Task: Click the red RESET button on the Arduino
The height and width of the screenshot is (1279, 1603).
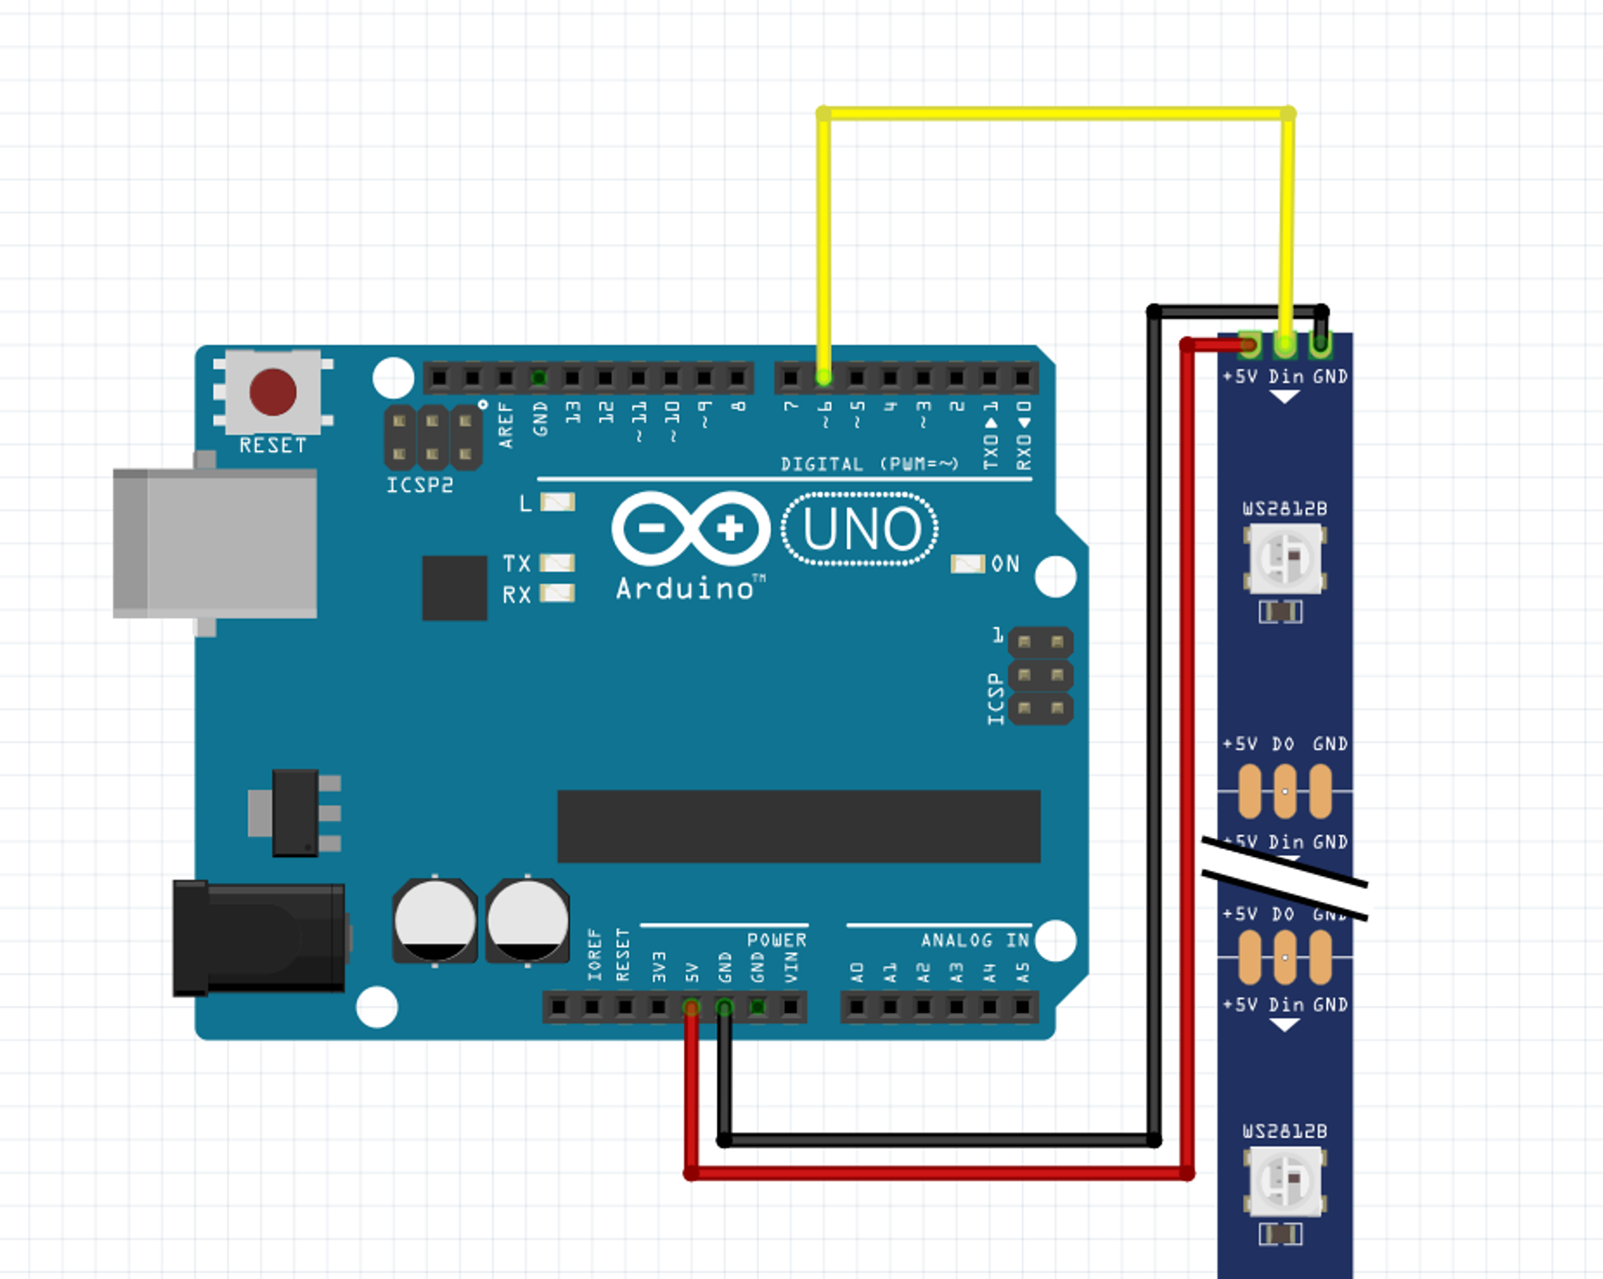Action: (x=273, y=392)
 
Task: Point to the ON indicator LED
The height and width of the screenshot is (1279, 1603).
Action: (x=967, y=564)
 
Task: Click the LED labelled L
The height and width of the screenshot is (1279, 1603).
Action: (x=557, y=503)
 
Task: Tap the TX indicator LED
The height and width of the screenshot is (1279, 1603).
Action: (x=557, y=563)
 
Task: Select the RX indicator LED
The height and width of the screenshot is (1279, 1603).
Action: (x=557, y=594)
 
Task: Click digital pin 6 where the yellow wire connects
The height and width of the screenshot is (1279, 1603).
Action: (x=823, y=378)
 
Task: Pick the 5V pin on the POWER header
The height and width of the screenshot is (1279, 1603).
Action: (x=691, y=1007)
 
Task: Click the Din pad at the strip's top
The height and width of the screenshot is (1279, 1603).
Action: (x=1286, y=345)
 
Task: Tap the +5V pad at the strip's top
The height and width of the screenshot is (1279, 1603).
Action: (x=1249, y=345)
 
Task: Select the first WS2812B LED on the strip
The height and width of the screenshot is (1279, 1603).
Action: (x=1286, y=558)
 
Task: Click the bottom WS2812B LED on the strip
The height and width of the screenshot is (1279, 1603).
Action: (x=1284, y=1181)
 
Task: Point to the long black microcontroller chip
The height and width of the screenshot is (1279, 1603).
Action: (x=798, y=826)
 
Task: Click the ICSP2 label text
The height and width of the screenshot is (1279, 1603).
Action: (x=419, y=485)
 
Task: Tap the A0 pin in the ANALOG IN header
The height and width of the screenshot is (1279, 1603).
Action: (x=856, y=1007)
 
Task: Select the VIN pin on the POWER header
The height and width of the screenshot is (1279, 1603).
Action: (x=790, y=1007)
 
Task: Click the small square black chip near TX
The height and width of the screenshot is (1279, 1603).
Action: (x=454, y=588)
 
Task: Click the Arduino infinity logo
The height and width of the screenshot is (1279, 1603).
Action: (x=691, y=529)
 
